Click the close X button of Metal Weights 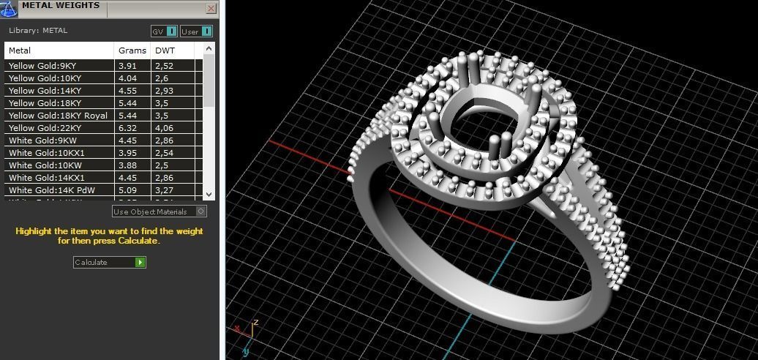click(x=211, y=9)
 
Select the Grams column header click(x=127, y=50)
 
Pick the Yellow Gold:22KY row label click(x=45, y=128)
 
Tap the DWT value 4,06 click(x=164, y=128)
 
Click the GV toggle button click(x=165, y=31)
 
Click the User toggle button click(x=197, y=31)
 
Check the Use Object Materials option click(x=201, y=211)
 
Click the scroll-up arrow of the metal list click(x=209, y=49)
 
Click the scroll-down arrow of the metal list click(x=209, y=195)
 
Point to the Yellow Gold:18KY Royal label click(x=58, y=116)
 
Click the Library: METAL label click(x=38, y=31)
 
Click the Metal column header click(x=20, y=50)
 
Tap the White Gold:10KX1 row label click(x=47, y=153)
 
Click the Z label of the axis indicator click(x=255, y=322)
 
